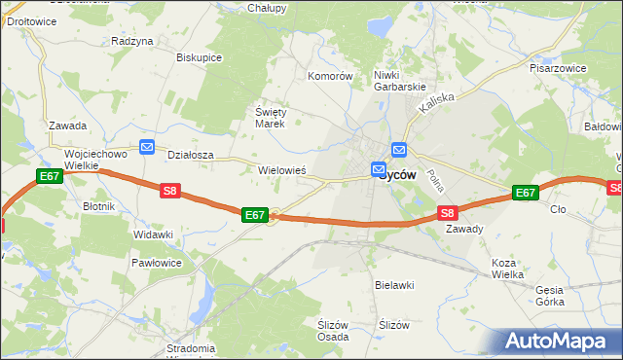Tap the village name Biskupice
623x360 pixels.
[x=199, y=57]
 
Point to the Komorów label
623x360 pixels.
[x=329, y=76]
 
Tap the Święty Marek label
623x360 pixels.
[x=269, y=118]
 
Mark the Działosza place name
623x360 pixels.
[x=191, y=154]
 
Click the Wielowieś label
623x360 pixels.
[x=282, y=169]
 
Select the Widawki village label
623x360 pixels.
[x=153, y=235]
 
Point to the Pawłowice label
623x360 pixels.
[x=156, y=263]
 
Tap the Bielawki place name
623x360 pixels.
[x=395, y=285]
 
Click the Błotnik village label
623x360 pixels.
[x=99, y=206]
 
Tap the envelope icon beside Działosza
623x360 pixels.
[x=147, y=147]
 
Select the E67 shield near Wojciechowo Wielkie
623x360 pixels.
[x=50, y=176]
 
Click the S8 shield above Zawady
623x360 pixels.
[x=447, y=212]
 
